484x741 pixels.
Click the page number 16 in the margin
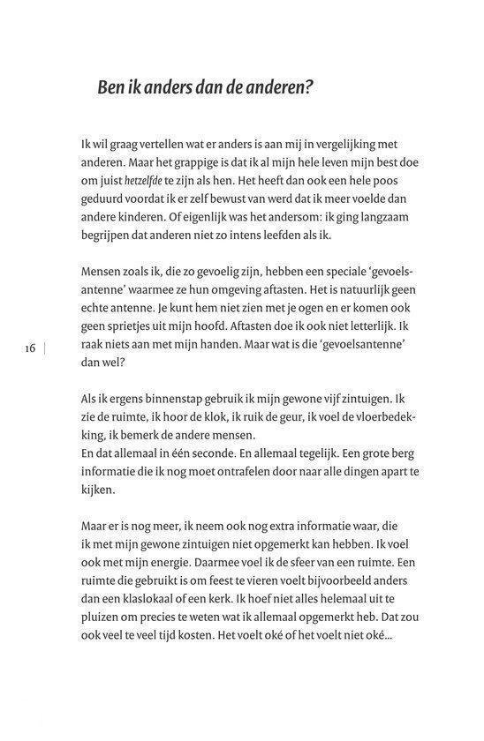tap(30, 349)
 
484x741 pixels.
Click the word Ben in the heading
tap(111, 89)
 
